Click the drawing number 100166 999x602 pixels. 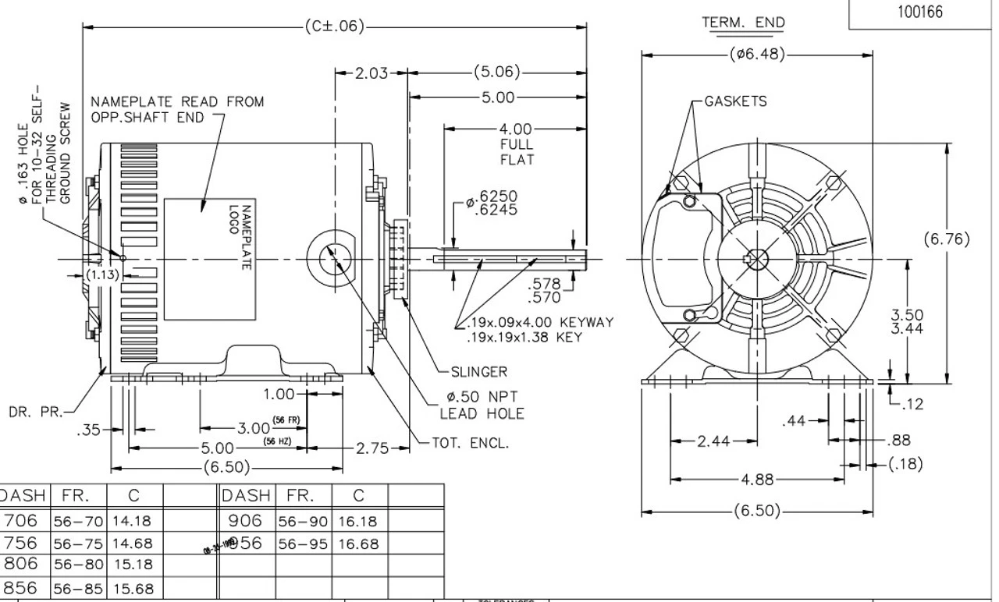tap(921, 12)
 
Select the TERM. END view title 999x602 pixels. tap(743, 23)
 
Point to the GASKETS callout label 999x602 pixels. tap(735, 101)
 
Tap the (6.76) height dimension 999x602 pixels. tap(947, 239)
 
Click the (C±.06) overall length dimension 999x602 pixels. tap(335, 26)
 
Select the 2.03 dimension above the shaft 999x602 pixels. tap(372, 73)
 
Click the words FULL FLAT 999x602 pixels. tap(517, 152)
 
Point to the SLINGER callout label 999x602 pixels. tap(478, 372)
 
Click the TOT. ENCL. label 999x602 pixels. tap(470, 443)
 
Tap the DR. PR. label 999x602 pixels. tap(30, 411)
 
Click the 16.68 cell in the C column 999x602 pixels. tap(359, 544)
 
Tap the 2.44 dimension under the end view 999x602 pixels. tap(713, 441)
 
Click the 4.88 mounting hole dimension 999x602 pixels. tap(757, 480)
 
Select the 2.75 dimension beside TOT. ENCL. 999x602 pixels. tap(372, 448)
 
